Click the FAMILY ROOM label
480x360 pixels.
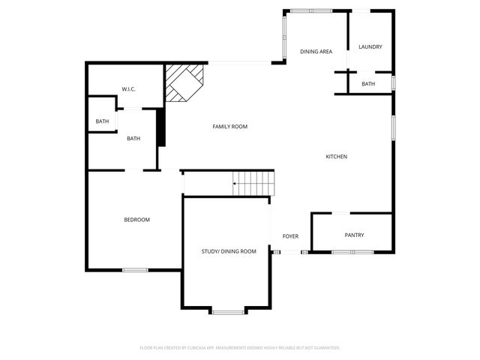tap(229, 127)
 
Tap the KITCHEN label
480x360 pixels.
tap(336, 157)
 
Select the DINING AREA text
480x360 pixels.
tap(316, 52)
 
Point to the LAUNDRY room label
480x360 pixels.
tap(370, 46)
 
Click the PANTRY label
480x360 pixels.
tap(354, 235)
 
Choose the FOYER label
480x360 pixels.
tap(290, 236)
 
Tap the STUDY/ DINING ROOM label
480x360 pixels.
tap(229, 251)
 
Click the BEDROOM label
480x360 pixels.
tap(136, 220)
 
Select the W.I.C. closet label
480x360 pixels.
tap(128, 89)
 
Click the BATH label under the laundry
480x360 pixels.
tap(368, 84)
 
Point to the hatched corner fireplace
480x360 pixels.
tap(184, 82)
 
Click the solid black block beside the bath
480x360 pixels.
tap(160, 127)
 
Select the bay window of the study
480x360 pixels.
tap(227, 310)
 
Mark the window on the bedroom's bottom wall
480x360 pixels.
tap(135, 270)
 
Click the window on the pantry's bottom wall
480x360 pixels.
tap(352, 252)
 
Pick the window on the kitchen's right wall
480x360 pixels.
tap(393, 127)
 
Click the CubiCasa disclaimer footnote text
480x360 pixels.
tap(240, 348)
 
